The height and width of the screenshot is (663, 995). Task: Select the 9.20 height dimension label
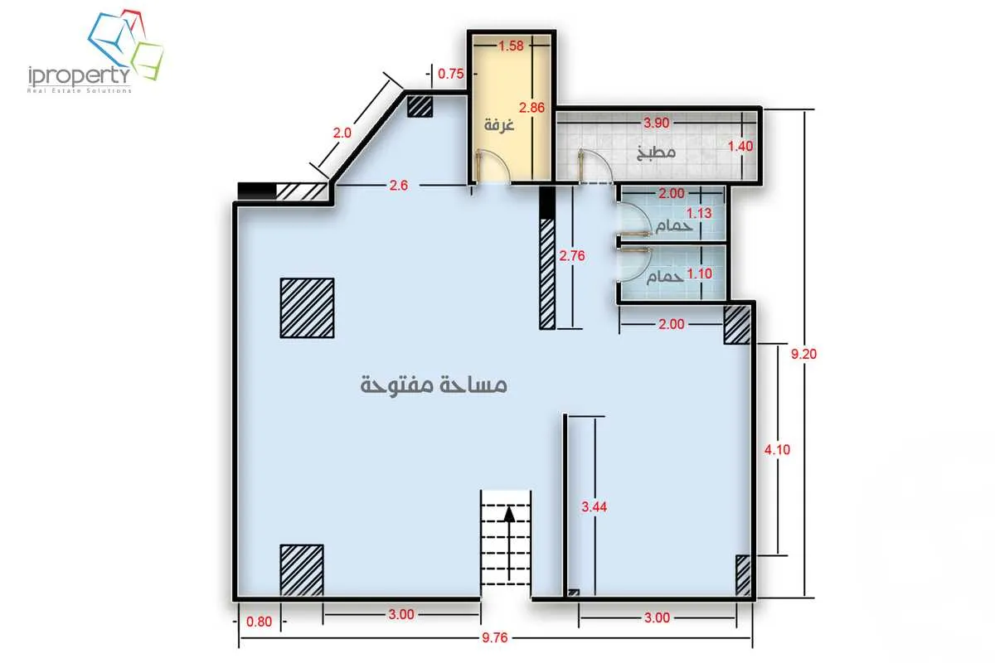pyautogui.click(x=804, y=354)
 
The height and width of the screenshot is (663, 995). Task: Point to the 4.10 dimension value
pyautogui.click(x=776, y=450)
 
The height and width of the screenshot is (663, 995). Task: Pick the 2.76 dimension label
pyautogui.click(x=572, y=256)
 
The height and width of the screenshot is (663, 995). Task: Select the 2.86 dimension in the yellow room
pyautogui.click(x=531, y=107)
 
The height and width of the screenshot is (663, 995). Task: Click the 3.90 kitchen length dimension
pyautogui.click(x=657, y=123)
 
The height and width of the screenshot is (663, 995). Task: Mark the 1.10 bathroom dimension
pyautogui.click(x=701, y=271)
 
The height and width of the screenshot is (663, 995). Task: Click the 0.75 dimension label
pyautogui.click(x=450, y=74)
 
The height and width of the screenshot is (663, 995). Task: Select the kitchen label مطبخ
pyautogui.click(x=657, y=152)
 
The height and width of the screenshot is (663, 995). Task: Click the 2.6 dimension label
pyautogui.click(x=398, y=186)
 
